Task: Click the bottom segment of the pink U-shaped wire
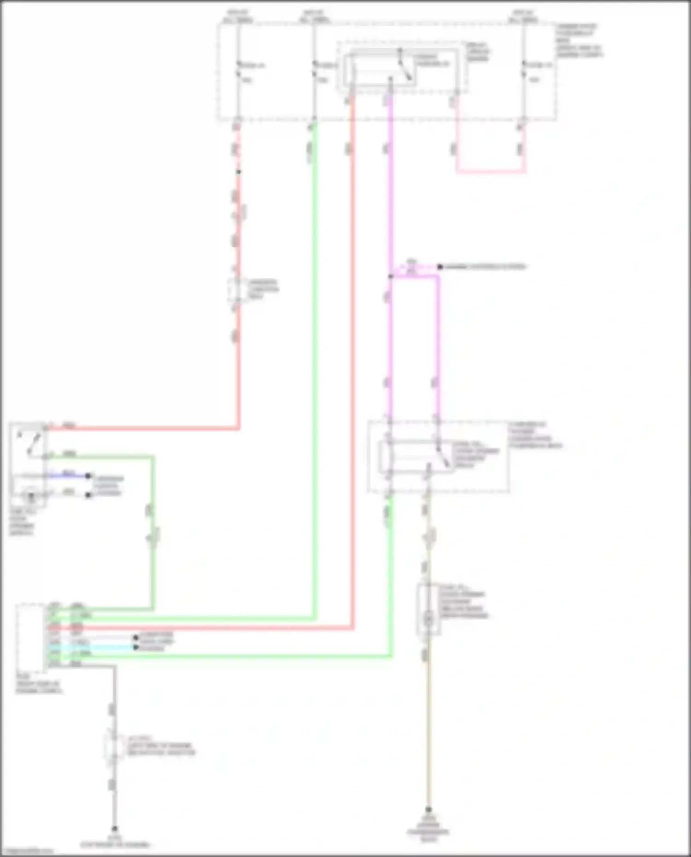point(491,172)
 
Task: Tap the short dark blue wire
point(69,475)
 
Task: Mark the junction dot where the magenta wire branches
point(390,276)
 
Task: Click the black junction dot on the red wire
point(238,172)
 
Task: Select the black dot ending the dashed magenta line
point(440,267)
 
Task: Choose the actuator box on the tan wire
point(428,609)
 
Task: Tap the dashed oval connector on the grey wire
point(113,746)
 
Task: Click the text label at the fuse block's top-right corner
point(579,41)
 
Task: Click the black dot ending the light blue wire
point(136,647)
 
